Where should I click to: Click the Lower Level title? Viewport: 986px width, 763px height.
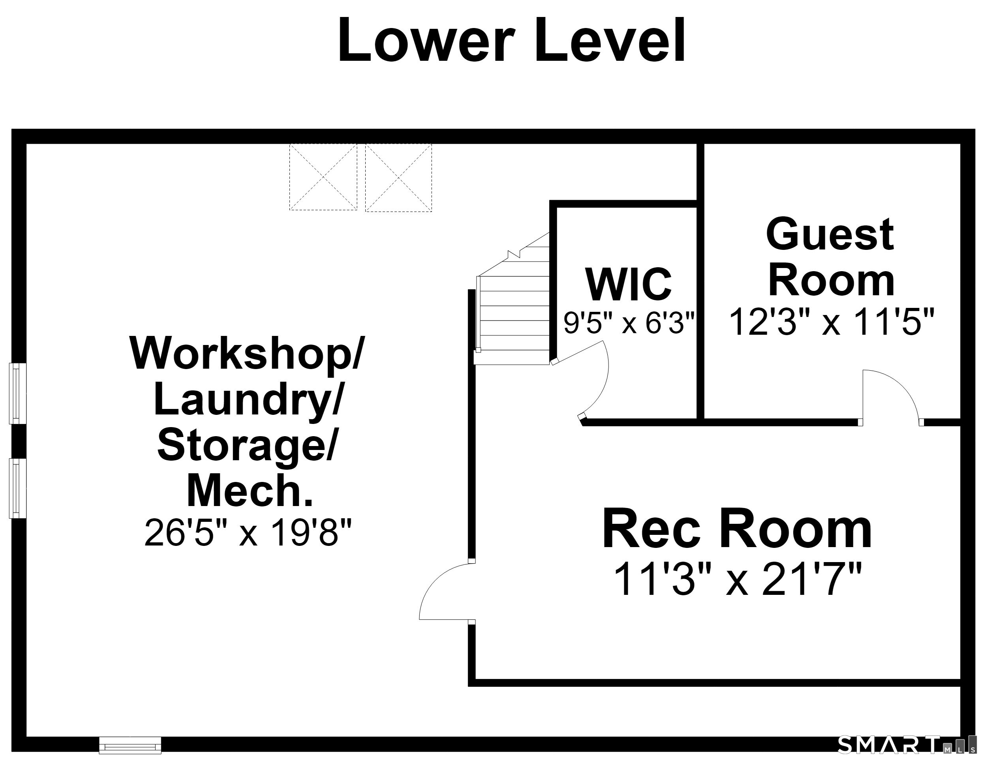[x=511, y=41]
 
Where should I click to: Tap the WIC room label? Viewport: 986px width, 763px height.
[x=628, y=284]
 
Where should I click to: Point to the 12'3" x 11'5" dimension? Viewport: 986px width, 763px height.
[x=831, y=322]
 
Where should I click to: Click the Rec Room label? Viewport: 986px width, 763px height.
[x=737, y=529]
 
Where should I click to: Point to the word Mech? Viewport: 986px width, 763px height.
[x=250, y=491]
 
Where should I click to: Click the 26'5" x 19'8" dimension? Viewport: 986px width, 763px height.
[x=248, y=532]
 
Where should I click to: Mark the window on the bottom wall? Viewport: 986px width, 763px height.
[x=130, y=745]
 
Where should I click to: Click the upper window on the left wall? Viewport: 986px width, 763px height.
[x=18, y=394]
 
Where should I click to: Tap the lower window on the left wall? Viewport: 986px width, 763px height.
[x=18, y=488]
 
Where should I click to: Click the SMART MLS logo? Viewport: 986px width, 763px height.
[x=906, y=744]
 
